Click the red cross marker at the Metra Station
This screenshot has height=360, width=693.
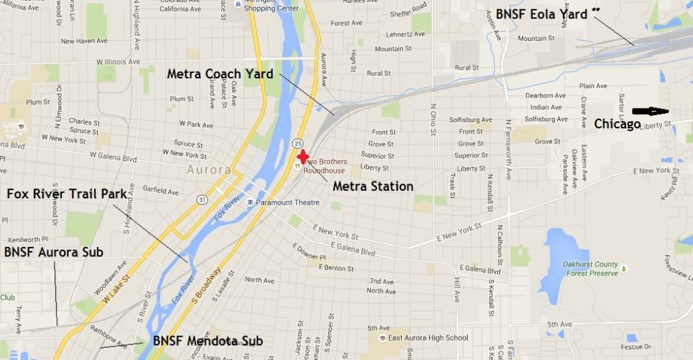(303, 156)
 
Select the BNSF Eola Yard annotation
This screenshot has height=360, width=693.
(542, 13)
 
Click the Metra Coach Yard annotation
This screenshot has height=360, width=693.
(220, 74)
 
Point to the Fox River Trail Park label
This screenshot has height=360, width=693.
(67, 194)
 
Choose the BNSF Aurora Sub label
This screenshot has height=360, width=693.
(53, 252)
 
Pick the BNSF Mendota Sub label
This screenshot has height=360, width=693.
(207, 341)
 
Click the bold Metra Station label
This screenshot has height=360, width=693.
(372, 186)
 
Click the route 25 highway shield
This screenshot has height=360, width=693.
(298, 143)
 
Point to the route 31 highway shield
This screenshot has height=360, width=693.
(203, 199)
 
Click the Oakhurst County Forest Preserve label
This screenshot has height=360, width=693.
(591, 268)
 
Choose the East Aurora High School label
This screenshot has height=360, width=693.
(428, 337)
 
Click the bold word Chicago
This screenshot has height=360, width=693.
(617, 124)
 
